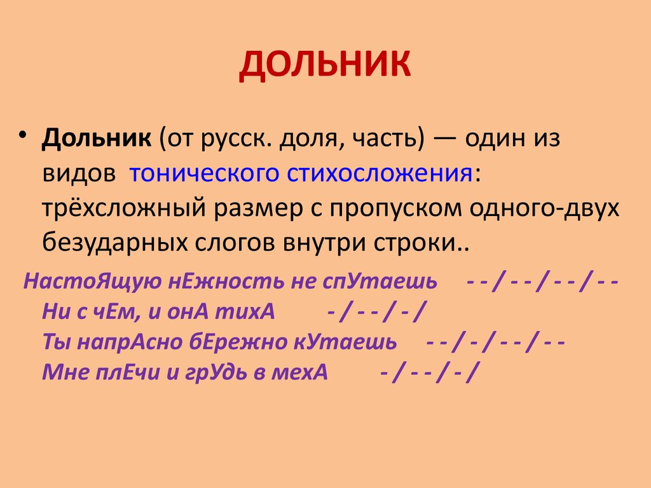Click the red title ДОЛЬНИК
click(x=325, y=65)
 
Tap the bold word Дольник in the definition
click(x=97, y=138)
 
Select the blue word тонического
click(x=204, y=173)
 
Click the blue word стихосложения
click(x=380, y=173)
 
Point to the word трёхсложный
click(x=124, y=208)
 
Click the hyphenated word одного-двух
click(x=544, y=208)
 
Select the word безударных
click(x=115, y=243)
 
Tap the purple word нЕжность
click(x=226, y=281)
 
